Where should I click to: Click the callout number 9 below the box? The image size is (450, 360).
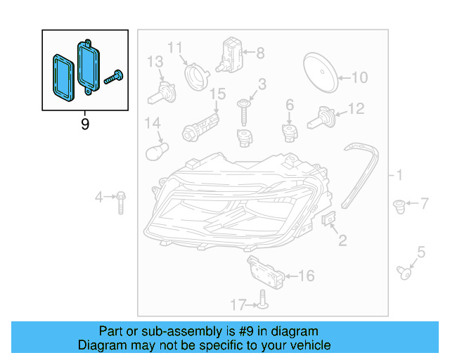[85, 124]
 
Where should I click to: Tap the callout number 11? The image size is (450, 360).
[174, 48]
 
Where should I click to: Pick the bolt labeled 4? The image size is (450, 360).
[121, 201]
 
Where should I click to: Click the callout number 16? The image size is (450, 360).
[307, 276]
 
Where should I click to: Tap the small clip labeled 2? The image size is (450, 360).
[328, 219]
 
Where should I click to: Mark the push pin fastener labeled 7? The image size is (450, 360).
[398, 206]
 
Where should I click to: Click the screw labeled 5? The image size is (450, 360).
[404, 270]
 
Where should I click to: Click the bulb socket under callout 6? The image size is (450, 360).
[289, 131]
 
